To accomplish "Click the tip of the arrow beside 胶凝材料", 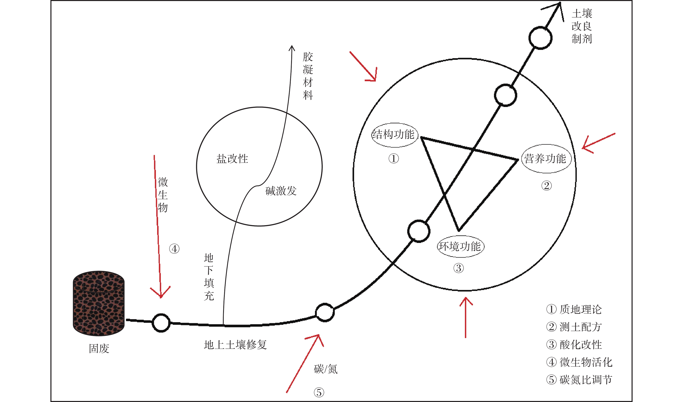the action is [x=292, y=46].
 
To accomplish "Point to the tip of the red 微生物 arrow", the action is [x=161, y=298].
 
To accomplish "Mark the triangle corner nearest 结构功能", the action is [x=421, y=137].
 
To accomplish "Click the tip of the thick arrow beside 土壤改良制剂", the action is [x=560, y=3].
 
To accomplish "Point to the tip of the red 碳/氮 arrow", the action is [x=319, y=335].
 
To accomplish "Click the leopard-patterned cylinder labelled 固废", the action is [x=99, y=303].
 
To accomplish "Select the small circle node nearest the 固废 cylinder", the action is [x=161, y=323].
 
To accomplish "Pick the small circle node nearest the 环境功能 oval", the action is [x=419, y=231].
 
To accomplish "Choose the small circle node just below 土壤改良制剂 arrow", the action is [x=541, y=38].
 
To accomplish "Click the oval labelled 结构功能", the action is [x=394, y=135].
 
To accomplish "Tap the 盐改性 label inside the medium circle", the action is [x=232, y=159].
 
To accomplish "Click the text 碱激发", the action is [x=281, y=191].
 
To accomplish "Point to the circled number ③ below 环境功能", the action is [x=459, y=268].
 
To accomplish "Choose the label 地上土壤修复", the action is [x=235, y=345].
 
